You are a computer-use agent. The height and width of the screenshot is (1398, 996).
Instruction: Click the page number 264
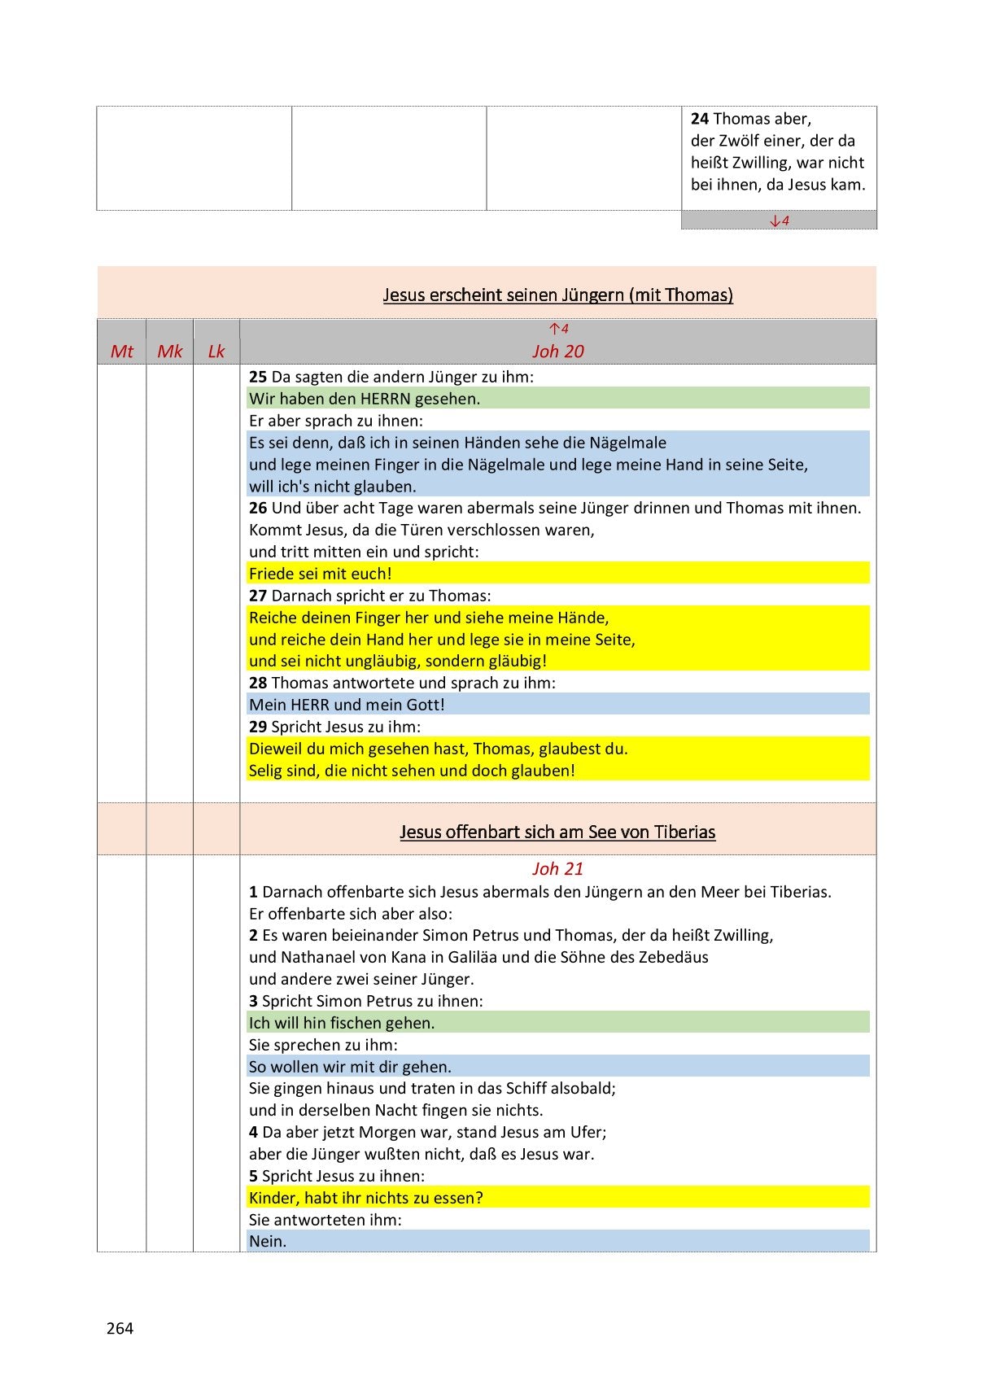click(x=120, y=1328)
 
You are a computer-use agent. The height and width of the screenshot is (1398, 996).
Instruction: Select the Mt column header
click(x=122, y=351)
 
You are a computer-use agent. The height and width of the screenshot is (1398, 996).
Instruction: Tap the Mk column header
click(x=170, y=351)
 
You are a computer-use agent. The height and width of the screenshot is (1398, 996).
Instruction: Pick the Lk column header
click(x=216, y=351)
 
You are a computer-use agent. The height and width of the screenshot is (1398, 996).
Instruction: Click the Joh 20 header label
click(x=558, y=351)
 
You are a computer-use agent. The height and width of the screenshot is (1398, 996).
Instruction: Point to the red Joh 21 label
click(x=558, y=868)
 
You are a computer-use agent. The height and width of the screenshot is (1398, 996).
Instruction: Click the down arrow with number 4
click(x=780, y=220)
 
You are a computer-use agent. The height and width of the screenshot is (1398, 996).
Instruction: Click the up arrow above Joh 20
click(x=558, y=329)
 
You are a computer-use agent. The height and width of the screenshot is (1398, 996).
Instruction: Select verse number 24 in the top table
click(x=700, y=119)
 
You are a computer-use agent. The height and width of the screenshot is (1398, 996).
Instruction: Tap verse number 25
click(x=258, y=377)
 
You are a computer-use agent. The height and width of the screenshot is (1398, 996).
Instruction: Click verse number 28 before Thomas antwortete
click(x=258, y=683)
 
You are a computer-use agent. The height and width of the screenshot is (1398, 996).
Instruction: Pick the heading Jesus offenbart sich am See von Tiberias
click(x=558, y=832)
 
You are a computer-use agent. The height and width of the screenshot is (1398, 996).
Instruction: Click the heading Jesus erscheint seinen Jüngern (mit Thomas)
click(x=558, y=295)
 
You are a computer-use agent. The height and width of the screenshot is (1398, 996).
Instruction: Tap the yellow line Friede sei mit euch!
click(x=321, y=573)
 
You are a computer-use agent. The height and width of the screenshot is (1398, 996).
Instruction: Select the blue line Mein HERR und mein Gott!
click(x=347, y=705)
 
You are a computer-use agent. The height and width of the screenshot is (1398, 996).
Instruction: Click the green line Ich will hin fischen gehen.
click(x=342, y=1023)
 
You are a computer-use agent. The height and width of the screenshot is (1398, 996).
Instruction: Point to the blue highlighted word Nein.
click(x=268, y=1241)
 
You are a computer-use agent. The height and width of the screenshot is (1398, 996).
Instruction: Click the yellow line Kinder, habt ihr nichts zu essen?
click(x=366, y=1198)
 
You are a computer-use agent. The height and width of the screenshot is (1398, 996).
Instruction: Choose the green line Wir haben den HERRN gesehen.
click(x=365, y=399)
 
